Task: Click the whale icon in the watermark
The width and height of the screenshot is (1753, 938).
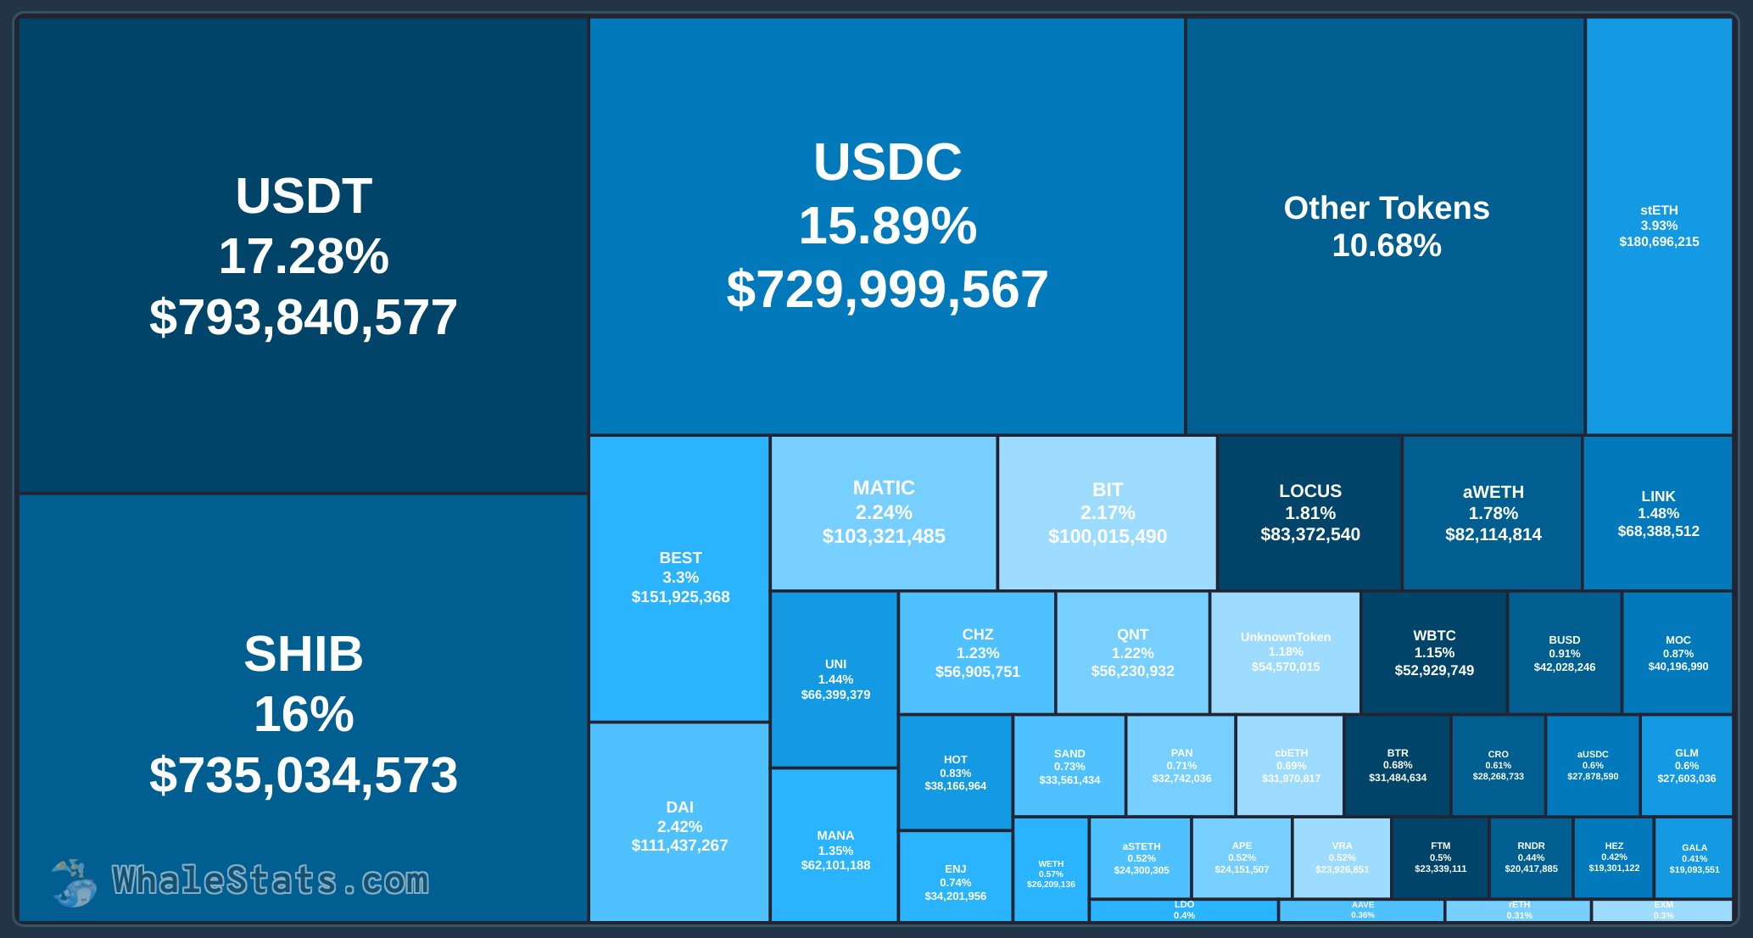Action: tap(74, 883)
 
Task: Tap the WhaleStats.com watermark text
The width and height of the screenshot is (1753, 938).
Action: tap(271, 881)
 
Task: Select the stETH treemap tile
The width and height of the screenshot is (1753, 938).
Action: tap(1659, 226)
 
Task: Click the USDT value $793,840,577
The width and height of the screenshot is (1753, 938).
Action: tap(304, 317)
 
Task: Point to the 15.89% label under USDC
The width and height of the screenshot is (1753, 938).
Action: tap(887, 226)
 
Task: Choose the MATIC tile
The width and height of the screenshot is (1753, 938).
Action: tap(883, 512)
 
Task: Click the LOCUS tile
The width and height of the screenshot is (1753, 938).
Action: tap(1309, 512)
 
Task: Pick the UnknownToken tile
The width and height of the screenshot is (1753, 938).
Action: tap(1285, 651)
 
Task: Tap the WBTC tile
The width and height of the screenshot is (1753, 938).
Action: tap(1434, 652)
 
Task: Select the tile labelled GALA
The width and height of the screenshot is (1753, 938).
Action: tap(1694, 857)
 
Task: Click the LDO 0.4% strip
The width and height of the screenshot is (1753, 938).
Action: tap(1184, 911)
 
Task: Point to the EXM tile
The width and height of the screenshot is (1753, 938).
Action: tap(1662, 911)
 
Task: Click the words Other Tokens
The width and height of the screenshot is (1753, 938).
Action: tap(1386, 208)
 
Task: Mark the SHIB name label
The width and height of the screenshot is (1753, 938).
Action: tap(304, 654)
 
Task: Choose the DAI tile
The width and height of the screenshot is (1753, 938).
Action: tap(679, 825)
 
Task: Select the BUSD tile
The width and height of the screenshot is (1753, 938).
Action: tap(1564, 653)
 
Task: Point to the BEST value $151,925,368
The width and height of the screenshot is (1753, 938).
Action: tap(680, 597)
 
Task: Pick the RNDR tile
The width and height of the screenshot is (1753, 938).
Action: tap(1531, 857)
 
